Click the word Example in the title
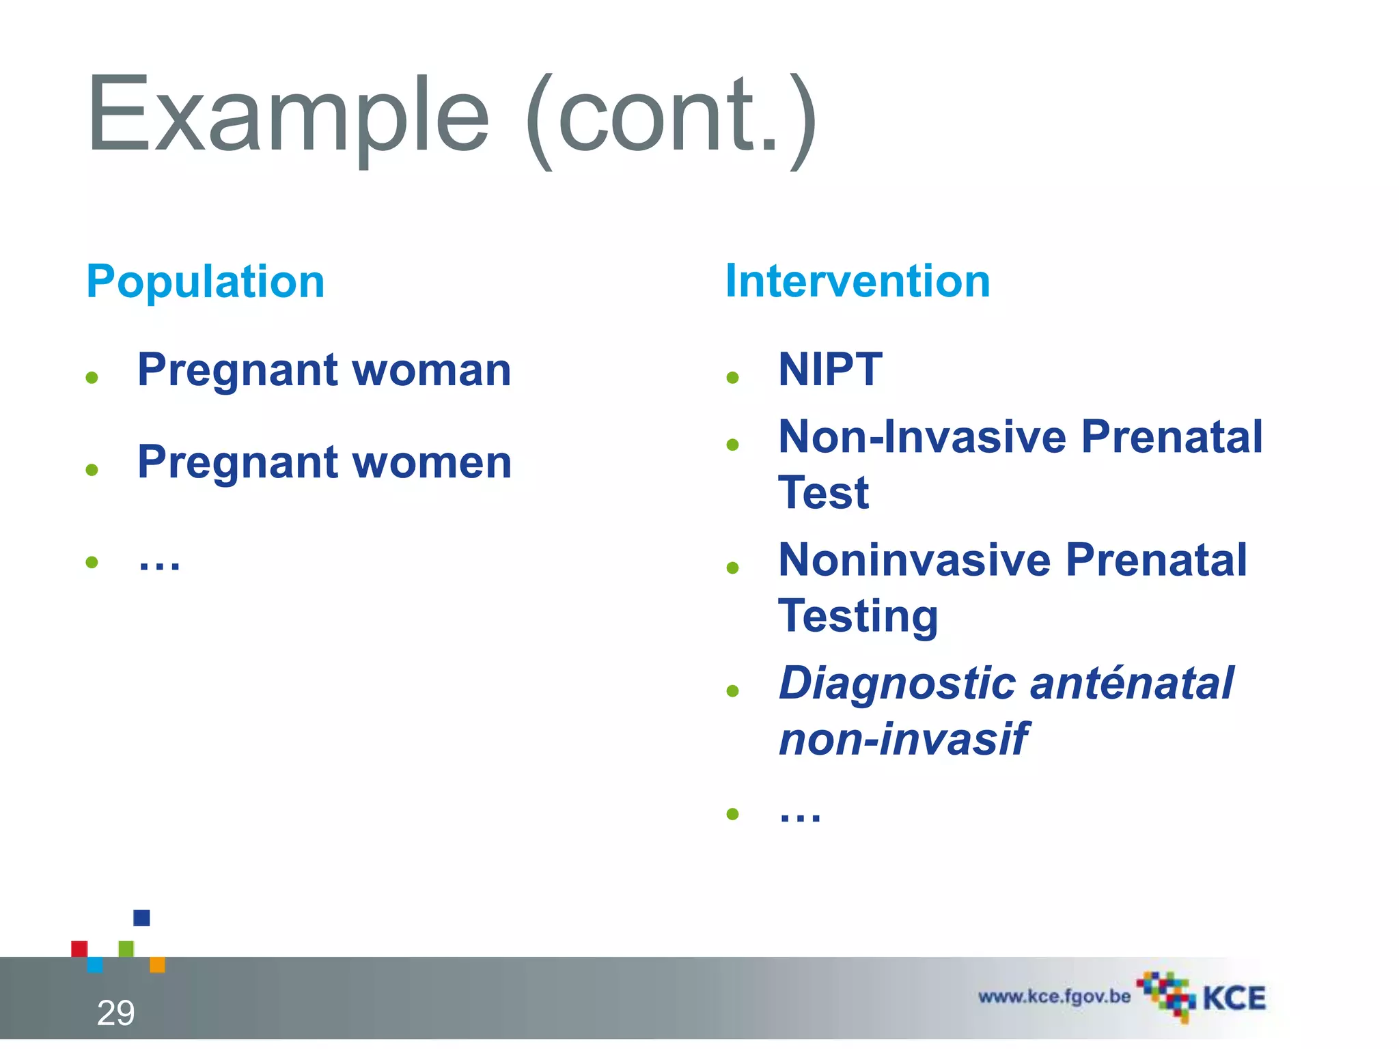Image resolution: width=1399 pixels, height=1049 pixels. (x=287, y=116)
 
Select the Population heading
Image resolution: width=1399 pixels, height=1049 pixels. (x=206, y=281)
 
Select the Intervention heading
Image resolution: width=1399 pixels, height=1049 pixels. (x=857, y=281)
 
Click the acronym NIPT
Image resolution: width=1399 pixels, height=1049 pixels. (x=830, y=369)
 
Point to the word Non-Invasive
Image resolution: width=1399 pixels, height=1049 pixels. (x=922, y=437)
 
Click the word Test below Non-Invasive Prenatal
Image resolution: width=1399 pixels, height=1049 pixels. (x=823, y=492)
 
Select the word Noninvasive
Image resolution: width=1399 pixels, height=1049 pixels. (x=915, y=560)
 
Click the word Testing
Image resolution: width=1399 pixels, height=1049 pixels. (x=858, y=616)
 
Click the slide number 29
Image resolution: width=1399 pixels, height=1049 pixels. (x=115, y=1013)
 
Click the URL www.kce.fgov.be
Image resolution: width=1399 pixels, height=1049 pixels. (x=1054, y=996)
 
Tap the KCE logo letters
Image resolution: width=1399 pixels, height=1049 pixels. (x=1234, y=998)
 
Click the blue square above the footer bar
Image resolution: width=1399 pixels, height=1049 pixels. (x=141, y=917)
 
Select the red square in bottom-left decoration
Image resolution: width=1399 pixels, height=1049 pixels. (x=79, y=949)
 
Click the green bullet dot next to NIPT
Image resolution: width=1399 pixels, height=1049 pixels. (x=733, y=378)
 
